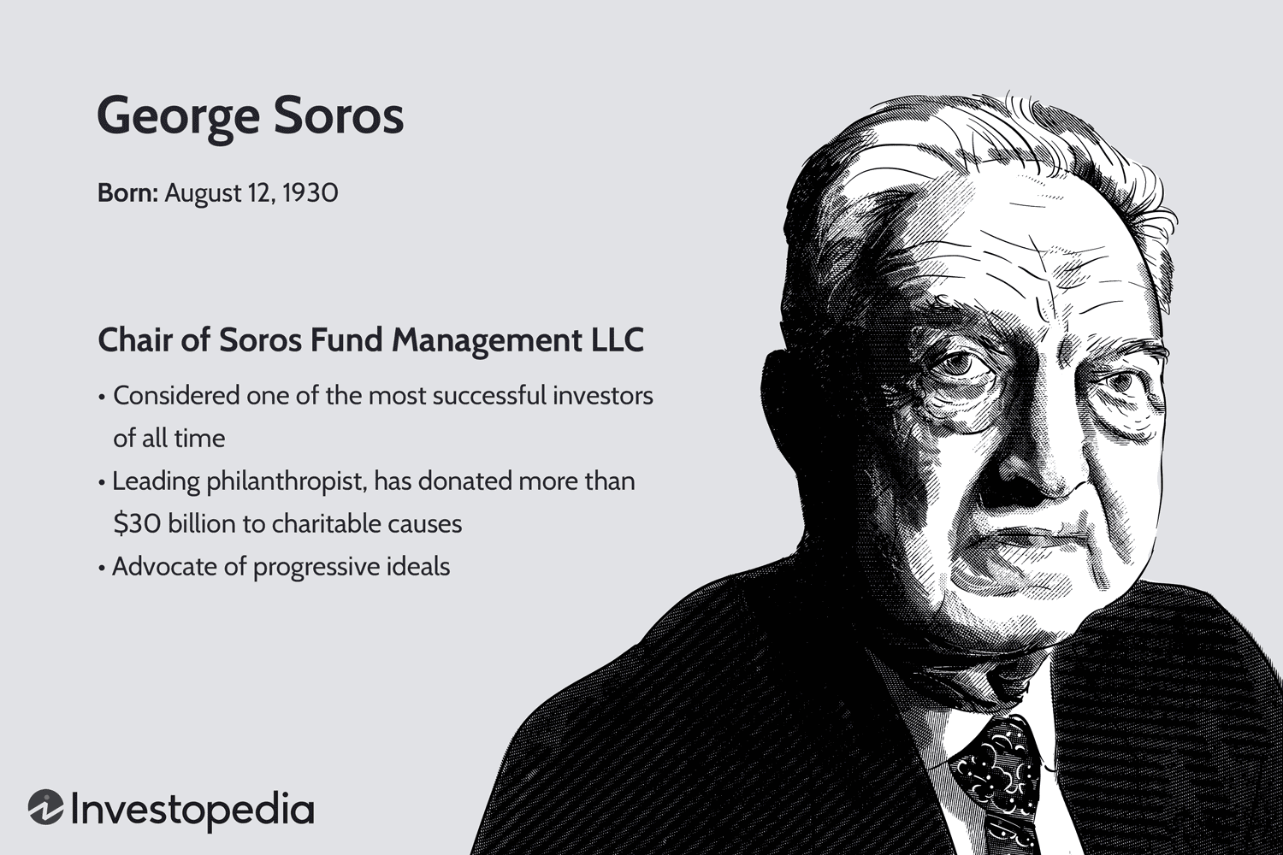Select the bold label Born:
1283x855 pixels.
pos(127,193)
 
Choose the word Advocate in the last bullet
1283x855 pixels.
pos(164,567)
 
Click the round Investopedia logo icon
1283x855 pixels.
pos(45,807)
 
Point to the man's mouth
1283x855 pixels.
pos(1026,539)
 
